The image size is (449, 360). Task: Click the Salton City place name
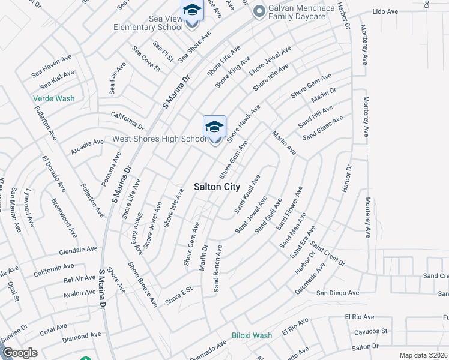217,187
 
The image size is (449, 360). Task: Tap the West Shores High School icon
214,128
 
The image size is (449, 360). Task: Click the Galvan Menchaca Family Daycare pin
259,11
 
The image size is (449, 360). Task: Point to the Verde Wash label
54,98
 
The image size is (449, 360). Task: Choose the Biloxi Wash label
252,335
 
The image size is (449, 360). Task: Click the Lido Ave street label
402,11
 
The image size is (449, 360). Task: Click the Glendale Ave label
78,249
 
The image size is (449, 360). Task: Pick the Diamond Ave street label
83,337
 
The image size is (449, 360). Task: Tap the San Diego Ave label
337,293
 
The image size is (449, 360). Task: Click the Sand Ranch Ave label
217,268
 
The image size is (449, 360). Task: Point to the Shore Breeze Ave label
143,285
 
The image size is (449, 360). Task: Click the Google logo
20,353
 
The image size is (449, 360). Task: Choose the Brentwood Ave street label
64,218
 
